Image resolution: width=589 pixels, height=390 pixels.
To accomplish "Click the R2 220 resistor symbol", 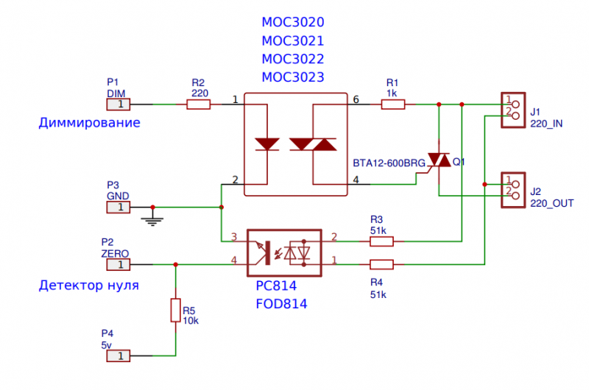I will pos(198,105).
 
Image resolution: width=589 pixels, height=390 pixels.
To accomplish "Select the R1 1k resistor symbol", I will pos(392,105).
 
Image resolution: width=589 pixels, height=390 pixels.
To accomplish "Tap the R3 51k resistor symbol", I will pos(381,241).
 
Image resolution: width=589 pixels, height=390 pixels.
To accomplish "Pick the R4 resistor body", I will pos(381,264).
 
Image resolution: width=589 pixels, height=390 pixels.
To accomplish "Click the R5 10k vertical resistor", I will pos(175,310).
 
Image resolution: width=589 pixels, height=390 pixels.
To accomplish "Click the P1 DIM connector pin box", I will pos(119,105).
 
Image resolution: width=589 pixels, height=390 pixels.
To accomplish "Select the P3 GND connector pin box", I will pos(119,208).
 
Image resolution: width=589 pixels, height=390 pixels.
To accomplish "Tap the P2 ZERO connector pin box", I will pos(119,264).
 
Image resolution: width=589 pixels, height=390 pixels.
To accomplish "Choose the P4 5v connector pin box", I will pos(119,355).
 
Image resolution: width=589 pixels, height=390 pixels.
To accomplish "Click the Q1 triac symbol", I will pos(440,160).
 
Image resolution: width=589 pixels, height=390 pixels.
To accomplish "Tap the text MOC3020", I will pos(292,23).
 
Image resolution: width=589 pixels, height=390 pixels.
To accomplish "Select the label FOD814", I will pos(281,303).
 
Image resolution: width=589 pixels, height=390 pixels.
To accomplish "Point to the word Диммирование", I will pos(89,123).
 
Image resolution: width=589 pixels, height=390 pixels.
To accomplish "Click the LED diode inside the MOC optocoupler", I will pos(266,143).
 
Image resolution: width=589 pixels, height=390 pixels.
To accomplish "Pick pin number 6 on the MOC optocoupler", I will pos(356,99).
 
